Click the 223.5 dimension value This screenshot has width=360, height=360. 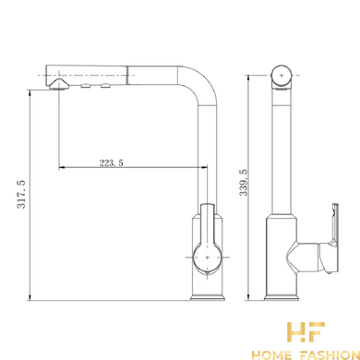coord(111,162)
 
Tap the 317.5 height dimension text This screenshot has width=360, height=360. coord(21,195)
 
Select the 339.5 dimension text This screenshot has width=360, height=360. coord(244,182)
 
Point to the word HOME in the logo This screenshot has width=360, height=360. coord(271,355)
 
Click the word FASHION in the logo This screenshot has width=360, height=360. coord(330,355)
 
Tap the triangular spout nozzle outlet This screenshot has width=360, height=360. coord(59,84)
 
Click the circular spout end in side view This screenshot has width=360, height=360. coord(282,75)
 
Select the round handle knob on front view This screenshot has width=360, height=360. coord(207,258)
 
